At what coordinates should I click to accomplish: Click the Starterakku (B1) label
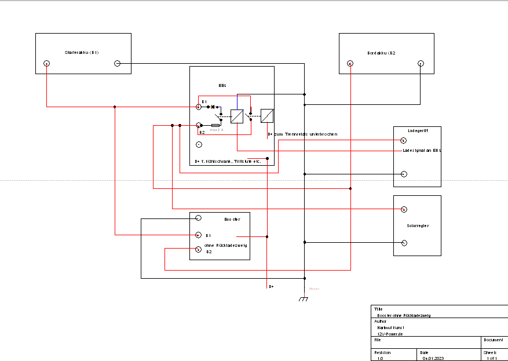pyautogui.click(x=82, y=53)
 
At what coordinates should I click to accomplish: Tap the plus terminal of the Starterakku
pyautogui.click(x=47, y=63)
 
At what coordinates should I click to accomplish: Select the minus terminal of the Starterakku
pyautogui.click(x=116, y=63)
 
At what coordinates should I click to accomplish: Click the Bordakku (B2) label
pyautogui.click(x=381, y=53)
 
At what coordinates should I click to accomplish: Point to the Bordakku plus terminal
pyautogui.click(x=350, y=63)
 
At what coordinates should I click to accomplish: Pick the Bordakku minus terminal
pyautogui.click(x=421, y=63)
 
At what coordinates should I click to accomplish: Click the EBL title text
pyautogui.click(x=222, y=85)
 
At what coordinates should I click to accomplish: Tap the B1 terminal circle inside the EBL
pyautogui.click(x=199, y=106)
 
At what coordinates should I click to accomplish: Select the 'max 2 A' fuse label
pyautogui.click(x=217, y=130)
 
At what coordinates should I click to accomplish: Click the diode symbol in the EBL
pyautogui.click(x=213, y=107)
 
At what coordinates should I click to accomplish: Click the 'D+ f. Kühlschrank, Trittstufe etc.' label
pyautogui.click(x=227, y=161)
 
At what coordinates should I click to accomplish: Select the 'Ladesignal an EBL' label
pyautogui.click(x=422, y=151)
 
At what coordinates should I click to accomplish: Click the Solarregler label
pyautogui.click(x=417, y=225)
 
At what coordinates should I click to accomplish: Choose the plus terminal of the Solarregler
pyautogui.click(x=404, y=209)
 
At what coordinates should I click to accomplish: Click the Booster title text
pyautogui.click(x=232, y=220)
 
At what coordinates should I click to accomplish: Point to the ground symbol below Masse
pyautogui.click(x=303, y=299)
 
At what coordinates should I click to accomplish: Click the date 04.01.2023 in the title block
pyautogui.click(x=432, y=358)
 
